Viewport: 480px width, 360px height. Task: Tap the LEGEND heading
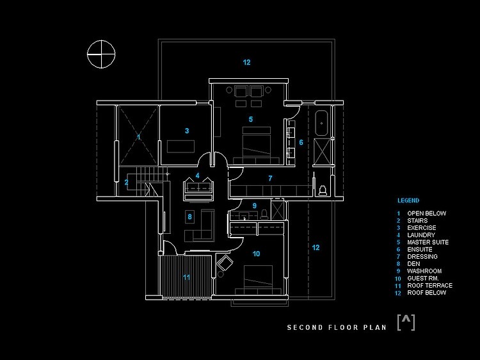pos(408,200)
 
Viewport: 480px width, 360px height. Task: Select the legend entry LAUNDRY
pos(421,235)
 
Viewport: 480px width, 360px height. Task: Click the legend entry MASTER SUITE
pos(428,242)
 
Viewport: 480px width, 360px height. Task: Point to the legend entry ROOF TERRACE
pos(429,286)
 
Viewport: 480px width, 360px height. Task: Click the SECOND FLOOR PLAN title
pos(337,327)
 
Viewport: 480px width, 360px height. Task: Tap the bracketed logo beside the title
pos(406,322)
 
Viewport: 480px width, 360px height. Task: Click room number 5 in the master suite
pos(251,119)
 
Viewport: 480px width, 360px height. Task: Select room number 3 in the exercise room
pos(187,131)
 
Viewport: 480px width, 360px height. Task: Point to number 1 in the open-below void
pos(139,136)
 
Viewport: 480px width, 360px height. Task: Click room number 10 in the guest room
pos(256,254)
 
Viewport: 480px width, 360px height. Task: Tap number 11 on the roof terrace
pos(186,277)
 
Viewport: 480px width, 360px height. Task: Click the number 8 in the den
pos(189,217)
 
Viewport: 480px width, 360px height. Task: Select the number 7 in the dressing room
pos(270,178)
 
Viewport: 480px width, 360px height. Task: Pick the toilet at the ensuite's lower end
pos(323,190)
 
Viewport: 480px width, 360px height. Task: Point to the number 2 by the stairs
pos(126,183)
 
